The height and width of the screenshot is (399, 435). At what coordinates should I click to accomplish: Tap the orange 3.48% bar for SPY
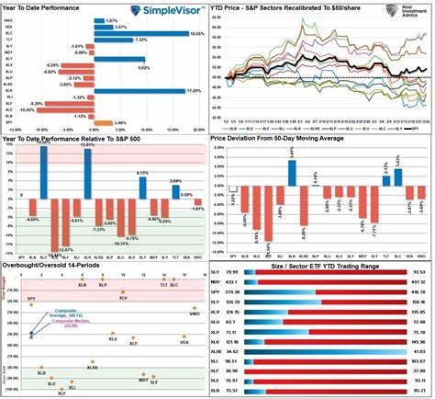105,122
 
